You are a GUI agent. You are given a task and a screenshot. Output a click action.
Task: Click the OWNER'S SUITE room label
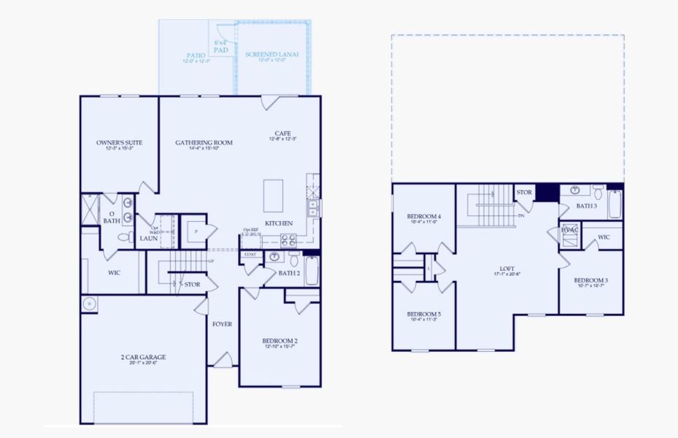119,142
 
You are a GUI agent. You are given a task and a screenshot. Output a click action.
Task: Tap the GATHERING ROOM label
204,142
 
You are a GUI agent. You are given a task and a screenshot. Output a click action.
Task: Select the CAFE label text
282,134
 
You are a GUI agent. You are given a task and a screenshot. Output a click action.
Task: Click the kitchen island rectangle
273,195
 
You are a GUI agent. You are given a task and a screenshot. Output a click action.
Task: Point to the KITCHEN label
279,223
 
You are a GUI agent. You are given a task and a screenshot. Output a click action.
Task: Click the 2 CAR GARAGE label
143,357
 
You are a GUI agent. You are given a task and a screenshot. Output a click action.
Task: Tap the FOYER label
222,323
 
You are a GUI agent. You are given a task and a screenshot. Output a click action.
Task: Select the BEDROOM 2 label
280,341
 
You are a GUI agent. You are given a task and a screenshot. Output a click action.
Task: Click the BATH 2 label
289,273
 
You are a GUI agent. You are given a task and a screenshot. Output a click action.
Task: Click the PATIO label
196,55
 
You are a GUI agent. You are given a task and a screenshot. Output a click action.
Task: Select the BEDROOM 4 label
424,216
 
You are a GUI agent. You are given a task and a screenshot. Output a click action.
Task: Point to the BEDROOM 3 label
591,280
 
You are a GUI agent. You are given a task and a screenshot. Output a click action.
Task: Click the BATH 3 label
586,206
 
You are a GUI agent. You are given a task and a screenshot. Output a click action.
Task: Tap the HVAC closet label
570,229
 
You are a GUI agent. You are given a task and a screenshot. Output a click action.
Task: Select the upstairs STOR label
524,193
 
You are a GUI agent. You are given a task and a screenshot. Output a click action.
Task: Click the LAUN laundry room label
148,238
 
